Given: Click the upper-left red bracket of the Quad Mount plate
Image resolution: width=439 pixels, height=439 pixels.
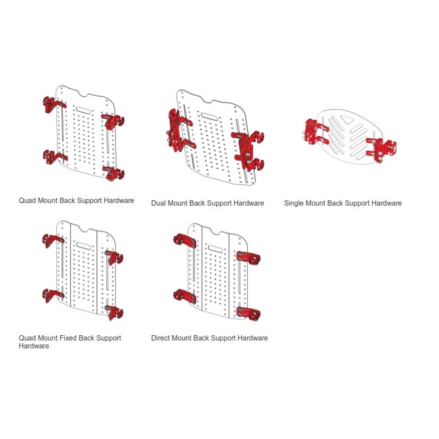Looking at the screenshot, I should click(50, 104).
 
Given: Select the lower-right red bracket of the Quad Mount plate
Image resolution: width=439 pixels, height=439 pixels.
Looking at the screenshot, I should click(115, 174).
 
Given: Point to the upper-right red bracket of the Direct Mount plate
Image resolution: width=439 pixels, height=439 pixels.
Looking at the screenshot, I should click(248, 257).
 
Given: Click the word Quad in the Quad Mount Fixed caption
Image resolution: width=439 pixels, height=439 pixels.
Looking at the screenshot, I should click(27, 338).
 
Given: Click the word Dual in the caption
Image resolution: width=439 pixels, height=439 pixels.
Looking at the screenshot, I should click(159, 203).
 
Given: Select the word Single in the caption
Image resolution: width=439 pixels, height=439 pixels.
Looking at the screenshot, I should click(296, 203).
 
